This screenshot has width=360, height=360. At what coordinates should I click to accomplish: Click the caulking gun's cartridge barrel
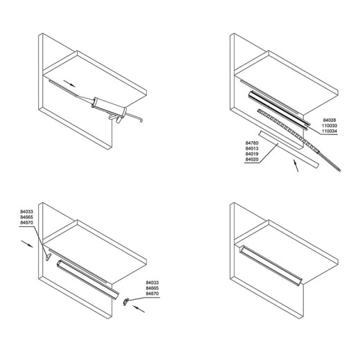[109, 107]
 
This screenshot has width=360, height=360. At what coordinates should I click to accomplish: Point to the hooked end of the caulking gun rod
[140, 119]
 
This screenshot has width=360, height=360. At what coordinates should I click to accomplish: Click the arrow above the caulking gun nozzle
[69, 84]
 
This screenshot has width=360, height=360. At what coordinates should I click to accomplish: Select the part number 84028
[330, 120]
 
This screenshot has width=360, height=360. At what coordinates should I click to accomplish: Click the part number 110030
[330, 126]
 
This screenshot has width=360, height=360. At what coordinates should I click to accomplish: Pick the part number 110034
[330, 132]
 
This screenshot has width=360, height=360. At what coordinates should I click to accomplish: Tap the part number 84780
[252, 143]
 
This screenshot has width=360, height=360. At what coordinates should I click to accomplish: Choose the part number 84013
[252, 148]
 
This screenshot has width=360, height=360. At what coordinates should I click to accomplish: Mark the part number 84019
[252, 154]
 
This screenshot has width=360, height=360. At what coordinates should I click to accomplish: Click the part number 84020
[252, 159]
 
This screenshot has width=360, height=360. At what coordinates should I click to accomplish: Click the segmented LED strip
[288, 131]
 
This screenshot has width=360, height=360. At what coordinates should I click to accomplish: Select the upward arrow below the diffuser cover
[296, 165]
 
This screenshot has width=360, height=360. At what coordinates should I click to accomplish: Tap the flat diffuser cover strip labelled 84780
[289, 149]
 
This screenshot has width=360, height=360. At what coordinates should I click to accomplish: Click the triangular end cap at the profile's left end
[48, 257]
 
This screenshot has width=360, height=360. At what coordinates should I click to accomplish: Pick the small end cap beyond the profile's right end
[126, 301]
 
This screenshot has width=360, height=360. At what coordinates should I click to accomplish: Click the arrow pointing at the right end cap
[138, 309]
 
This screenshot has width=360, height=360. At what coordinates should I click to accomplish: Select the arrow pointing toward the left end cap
[27, 244]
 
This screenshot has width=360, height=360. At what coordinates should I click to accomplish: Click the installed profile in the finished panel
[271, 265]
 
